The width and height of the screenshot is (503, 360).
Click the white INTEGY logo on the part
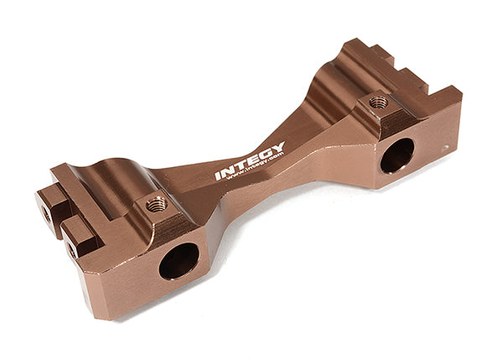[250, 160]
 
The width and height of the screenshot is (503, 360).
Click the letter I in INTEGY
[218, 175]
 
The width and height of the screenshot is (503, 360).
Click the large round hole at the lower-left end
[179, 261]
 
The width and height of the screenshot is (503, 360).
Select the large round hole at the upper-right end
[397, 156]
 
